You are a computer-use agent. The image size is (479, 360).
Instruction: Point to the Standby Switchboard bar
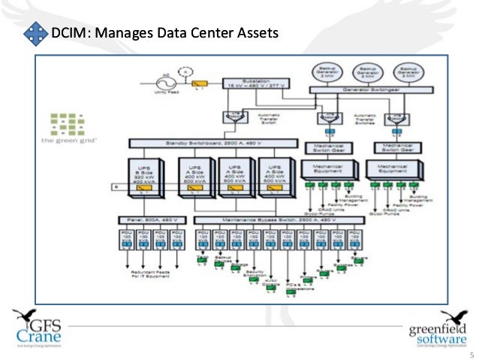[204, 142]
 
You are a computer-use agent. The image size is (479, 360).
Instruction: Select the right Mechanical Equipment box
[397, 170]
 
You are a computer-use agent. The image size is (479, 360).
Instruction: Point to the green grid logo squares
[65, 123]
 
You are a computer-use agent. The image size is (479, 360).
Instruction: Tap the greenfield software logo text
[438, 331]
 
